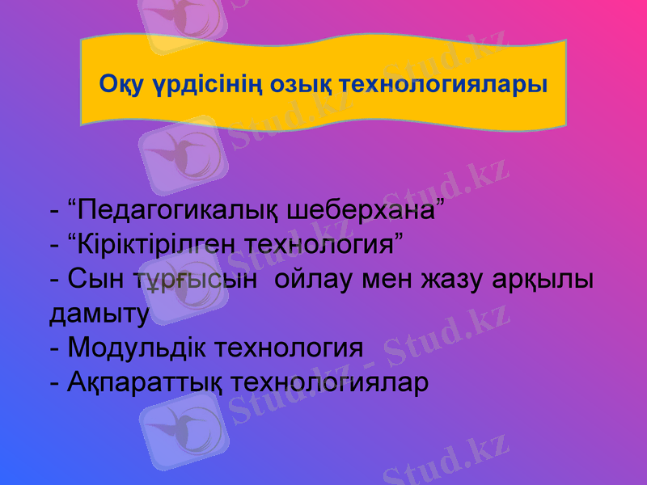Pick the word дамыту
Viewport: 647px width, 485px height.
[99, 314]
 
